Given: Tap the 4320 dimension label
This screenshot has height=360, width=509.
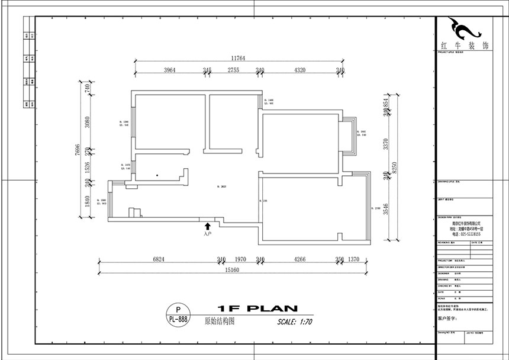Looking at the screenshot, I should pyautogui.click(x=299, y=70).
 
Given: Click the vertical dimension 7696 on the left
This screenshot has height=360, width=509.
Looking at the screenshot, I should pyautogui.click(x=78, y=149).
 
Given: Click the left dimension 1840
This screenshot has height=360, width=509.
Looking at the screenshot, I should pyautogui.click(x=86, y=202).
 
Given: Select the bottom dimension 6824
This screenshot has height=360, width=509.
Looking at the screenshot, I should pyautogui.click(x=159, y=259).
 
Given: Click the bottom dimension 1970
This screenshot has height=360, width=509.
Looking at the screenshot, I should pyautogui.click(x=241, y=259).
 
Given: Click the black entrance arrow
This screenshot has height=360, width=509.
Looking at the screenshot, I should pyautogui.click(x=207, y=226).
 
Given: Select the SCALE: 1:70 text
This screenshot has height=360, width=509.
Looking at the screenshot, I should pyautogui.click(x=294, y=322).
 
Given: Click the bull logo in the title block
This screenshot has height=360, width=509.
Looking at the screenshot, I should pyautogui.click(x=462, y=27).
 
